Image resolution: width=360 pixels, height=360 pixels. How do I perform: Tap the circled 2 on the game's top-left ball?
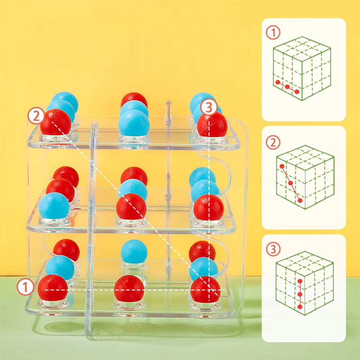pyautogui.click(x=36, y=116)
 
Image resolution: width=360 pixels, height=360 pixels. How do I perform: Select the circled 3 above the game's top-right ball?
pyautogui.click(x=208, y=107)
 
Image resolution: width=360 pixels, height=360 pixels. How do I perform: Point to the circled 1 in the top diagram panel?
pyautogui.click(x=273, y=33)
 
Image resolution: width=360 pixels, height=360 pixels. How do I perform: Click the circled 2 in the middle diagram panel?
pyautogui.click(x=273, y=143)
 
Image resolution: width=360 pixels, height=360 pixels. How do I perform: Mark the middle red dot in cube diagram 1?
pyautogui.click(x=287, y=87)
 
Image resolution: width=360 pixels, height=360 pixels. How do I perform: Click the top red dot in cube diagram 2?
pyautogui.click(x=282, y=166)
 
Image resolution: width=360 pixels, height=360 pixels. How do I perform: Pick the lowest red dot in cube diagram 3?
pyautogui.click(x=300, y=307)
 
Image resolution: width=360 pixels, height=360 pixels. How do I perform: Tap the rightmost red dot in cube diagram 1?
pyautogui.click(x=297, y=91)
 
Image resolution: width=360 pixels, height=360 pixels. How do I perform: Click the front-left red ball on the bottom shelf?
pyautogui.click(x=53, y=288)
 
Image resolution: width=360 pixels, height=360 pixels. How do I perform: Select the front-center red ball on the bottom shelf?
pyautogui.click(x=129, y=288)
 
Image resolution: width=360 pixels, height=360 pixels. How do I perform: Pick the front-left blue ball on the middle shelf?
pyautogui.click(x=54, y=206)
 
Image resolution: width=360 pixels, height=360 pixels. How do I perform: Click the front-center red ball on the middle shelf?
pyautogui.click(x=131, y=207)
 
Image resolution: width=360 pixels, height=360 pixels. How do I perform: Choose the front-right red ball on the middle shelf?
pyautogui.click(x=209, y=207)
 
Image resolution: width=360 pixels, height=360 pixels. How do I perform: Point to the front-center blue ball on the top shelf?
pyautogui.click(x=134, y=123)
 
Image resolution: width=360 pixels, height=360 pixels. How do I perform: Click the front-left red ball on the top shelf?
pyautogui.click(x=55, y=122)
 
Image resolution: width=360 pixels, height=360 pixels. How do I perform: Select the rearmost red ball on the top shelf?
pyautogui.click(x=134, y=99)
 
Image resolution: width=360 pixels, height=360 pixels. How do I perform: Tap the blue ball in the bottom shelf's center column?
pyautogui.click(x=134, y=251)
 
